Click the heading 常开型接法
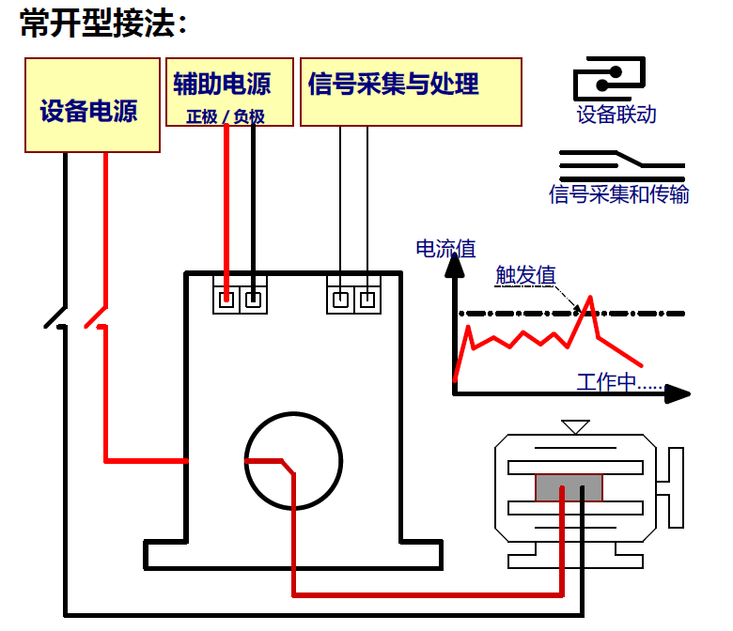(102, 23)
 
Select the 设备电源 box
(92, 105)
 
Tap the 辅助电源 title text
(222, 84)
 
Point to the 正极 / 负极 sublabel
(226, 116)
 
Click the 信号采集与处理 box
(411, 92)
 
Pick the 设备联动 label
(616, 115)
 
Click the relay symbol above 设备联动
(610, 78)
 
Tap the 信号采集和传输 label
(619, 194)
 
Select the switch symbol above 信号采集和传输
(622, 166)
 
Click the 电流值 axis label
(445, 249)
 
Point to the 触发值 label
(525, 274)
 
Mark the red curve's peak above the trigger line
(590, 297)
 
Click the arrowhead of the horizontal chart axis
(678, 393)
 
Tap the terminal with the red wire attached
(226, 299)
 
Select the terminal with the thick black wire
(254, 299)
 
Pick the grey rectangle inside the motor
(569, 487)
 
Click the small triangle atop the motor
(575, 427)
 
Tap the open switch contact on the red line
(96, 317)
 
